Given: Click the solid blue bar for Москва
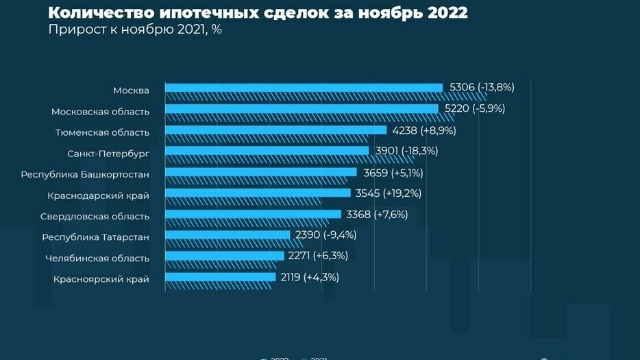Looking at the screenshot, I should coord(304,87).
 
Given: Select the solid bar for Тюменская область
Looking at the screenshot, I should coord(276,130).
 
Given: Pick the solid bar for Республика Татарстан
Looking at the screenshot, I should coord(227,235).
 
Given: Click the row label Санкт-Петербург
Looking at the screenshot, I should coord(108,152).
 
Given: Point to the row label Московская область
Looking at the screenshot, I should coord(100,111).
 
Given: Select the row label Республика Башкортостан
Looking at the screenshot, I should coord(85,174).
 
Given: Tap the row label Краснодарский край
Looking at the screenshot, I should coord(98,195).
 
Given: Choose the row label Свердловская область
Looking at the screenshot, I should coord(95,216).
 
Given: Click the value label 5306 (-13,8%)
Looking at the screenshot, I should coord(482,87).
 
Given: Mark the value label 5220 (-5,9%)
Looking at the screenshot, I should coord(475,108).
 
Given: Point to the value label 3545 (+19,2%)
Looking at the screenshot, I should coord(389,193).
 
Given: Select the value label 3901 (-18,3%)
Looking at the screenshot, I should coord(406,150).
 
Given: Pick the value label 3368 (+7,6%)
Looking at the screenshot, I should coord(377,214).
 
